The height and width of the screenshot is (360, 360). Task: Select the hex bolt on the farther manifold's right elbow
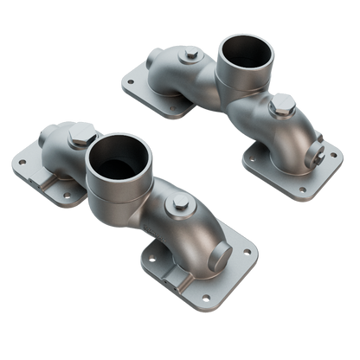281,108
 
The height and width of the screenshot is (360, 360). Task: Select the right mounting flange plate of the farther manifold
294,169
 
